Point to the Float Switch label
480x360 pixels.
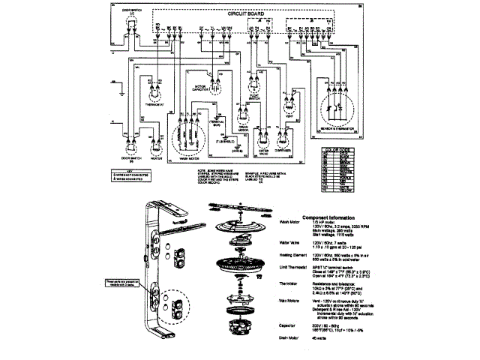click(280, 97)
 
